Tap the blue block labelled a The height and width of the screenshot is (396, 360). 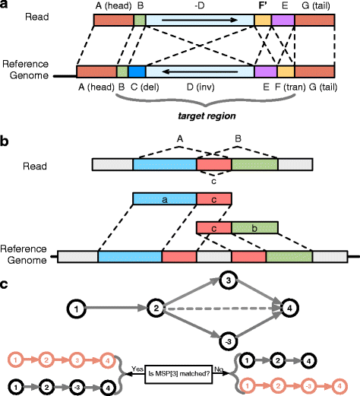[x=164, y=199]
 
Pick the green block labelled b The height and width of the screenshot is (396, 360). [x=254, y=227]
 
